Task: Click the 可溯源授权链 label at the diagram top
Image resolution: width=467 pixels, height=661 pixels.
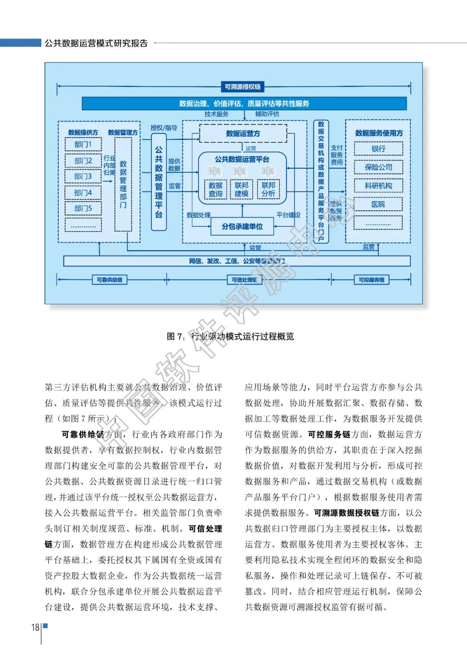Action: click(x=243, y=87)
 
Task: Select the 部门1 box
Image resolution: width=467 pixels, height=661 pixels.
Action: click(x=83, y=145)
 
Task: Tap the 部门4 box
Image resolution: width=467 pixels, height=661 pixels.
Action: click(x=83, y=193)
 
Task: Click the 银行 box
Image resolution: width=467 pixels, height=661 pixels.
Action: click(x=378, y=149)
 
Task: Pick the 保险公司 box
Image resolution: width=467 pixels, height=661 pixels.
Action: click(x=378, y=167)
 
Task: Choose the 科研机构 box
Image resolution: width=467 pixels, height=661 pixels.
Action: click(x=378, y=186)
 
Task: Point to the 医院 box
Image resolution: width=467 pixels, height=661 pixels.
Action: click(x=378, y=204)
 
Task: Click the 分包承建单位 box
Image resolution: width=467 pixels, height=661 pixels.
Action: click(x=242, y=226)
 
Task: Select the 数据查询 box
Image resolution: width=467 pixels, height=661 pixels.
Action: click(x=215, y=190)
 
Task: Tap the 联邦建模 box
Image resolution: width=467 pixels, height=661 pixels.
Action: click(x=241, y=190)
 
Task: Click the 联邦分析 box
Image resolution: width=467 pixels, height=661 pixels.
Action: click(x=268, y=190)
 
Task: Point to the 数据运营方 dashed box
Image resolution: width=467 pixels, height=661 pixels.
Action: click(x=243, y=134)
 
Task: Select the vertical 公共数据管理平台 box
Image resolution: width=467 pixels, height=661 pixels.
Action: click(x=159, y=182)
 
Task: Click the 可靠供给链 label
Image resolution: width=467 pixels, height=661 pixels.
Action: click(x=109, y=280)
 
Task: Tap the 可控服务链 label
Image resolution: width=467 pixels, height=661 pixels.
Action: click(x=371, y=280)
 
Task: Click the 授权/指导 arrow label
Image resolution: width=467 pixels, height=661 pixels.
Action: click(x=164, y=128)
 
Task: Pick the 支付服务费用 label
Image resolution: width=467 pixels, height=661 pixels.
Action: click(x=336, y=155)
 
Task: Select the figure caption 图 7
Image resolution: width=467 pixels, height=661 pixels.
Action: click(x=230, y=336)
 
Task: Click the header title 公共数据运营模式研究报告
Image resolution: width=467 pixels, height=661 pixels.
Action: click(x=96, y=43)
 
